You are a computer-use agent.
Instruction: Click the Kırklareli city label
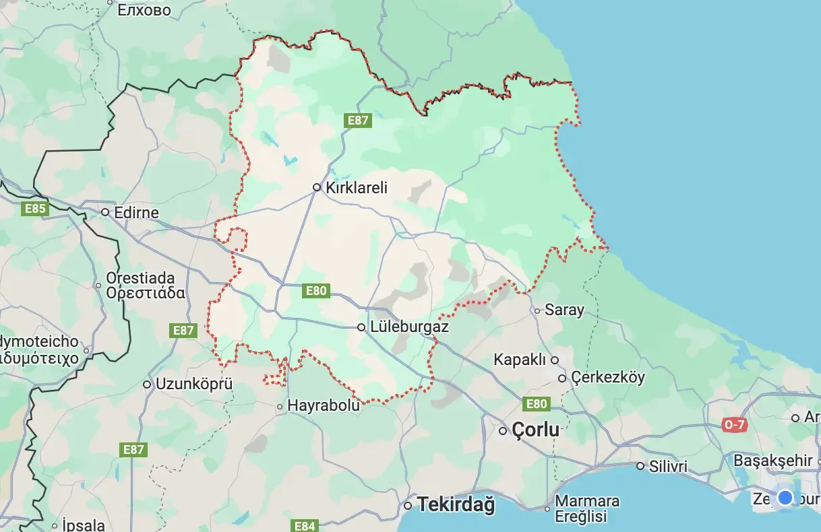tap(357, 188)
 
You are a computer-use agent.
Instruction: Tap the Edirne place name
tap(136, 213)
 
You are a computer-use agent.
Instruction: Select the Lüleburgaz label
tap(409, 327)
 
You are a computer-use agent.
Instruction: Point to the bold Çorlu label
tap(535, 430)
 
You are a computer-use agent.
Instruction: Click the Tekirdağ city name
tap(456, 504)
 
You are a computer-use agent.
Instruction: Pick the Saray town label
tap(564, 310)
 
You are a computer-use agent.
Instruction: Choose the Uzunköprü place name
tap(193, 384)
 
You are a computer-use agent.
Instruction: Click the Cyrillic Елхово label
tap(144, 10)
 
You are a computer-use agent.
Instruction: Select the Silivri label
tap(668, 466)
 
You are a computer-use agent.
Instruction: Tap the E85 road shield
tap(35, 209)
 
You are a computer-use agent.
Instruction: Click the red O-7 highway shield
tap(734, 425)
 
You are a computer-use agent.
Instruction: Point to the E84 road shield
tap(305, 525)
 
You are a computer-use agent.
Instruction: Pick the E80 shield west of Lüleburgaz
tap(316, 291)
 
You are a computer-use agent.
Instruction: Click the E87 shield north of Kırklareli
tap(357, 121)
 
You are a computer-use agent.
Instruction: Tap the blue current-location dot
tap(785, 498)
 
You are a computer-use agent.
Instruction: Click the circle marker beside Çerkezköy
tap(562, 378)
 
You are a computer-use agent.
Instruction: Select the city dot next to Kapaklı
tap(555, 360)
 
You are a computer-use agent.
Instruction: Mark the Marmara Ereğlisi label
tap(586, 509)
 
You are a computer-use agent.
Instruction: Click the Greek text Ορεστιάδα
tap(145, 293)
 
